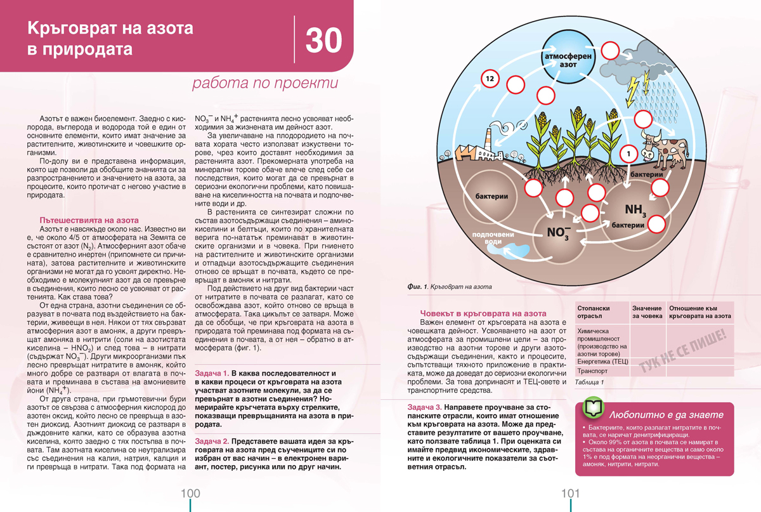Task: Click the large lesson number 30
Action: click(323, 39)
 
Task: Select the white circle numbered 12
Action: click(488, 79)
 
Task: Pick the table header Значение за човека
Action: click(647, 312)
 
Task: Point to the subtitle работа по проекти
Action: click(266, 83)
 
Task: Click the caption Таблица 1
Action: click(589, 383)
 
